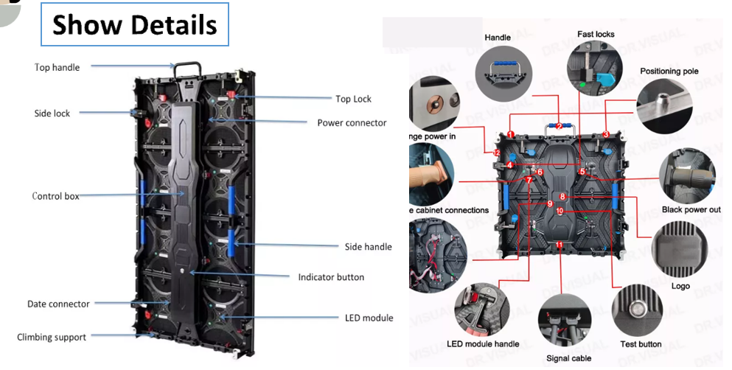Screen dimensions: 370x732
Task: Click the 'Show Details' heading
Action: pos(135,25)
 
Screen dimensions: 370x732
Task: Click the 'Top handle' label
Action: pos(57,67)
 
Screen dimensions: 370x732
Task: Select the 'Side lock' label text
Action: pos(52,114)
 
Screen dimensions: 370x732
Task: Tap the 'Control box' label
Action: pos(55,196)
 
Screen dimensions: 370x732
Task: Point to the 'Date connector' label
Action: pos(58,304)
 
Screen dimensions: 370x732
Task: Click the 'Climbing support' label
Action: pos(52,337)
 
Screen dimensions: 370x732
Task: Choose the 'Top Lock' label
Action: pos(353,99)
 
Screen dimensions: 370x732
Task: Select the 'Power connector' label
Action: pos(352,122)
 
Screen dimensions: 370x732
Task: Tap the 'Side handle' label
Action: pos(368,246)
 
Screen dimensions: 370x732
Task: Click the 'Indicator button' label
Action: pos(331,277)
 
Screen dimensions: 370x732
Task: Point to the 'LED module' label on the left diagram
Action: pos(369,318)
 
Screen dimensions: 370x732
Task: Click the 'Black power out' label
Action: pos(690,210)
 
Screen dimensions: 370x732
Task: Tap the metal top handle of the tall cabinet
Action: pos(188,67)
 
